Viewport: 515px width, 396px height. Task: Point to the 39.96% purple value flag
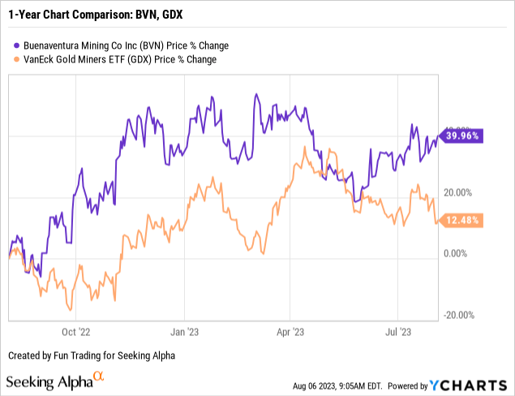pyautogui.click(x=461, y=136)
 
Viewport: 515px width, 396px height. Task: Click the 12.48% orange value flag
pyautogui.click(x=461, y=220)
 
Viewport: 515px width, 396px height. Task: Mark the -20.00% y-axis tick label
pyautogui.click(x=459, y=316)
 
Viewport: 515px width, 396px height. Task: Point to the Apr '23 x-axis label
pyautogui.click(x=291, y=331)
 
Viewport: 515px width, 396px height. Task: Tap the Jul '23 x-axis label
pyautogui.click(x=398, y=331)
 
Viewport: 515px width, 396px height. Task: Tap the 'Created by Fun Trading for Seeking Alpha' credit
pyautogui.click(x=92, y=355)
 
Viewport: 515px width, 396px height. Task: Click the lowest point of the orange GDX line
pyautogui.click(x=71, y=309)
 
